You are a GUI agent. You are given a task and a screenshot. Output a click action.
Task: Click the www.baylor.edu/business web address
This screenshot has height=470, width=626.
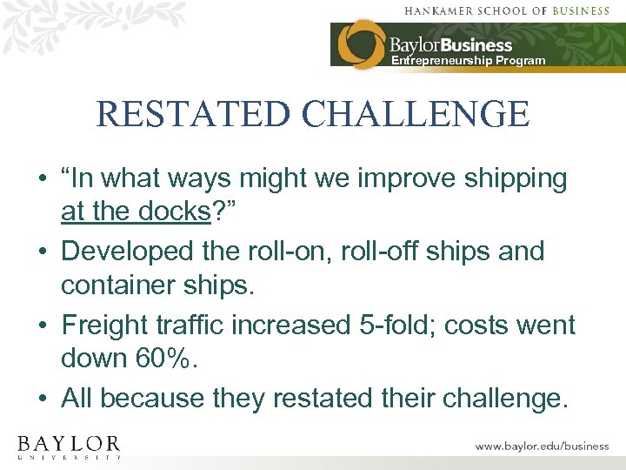click(542, 446)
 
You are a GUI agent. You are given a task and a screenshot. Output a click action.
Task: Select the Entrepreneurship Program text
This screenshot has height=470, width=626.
click(468, 61)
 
